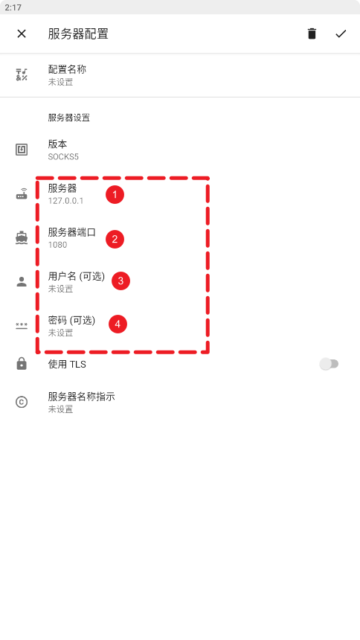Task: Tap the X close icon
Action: coord(22,34)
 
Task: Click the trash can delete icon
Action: coord(312,33)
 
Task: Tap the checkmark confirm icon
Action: coord(341,34)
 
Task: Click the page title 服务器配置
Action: coord(78,34)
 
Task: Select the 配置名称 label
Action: coord(67,69)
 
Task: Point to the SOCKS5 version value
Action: coord(63,157)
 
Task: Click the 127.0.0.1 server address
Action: coord(65,201)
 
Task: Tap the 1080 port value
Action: coord(57,245)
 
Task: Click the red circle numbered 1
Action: coord(115,195)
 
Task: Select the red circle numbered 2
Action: coord(115,239)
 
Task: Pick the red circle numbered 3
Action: coord(120,281)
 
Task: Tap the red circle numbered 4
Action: coord(118,324)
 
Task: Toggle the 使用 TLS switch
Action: coord(329,364)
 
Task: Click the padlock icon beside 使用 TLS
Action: coord(22,363)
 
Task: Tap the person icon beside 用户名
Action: coord(22,281)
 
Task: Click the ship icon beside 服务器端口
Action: coord(22,237)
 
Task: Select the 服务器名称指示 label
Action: coord(81,397)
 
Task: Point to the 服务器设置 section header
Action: coord(68,118)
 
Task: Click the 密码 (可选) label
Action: coord(71,321)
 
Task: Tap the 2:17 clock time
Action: coord(13,7)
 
